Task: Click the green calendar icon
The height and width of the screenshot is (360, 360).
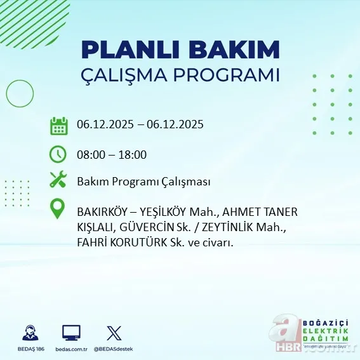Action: (x=59, y=125)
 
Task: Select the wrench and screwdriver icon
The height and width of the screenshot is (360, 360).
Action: (x=59, y=180)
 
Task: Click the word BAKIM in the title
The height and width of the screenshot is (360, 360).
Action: (x=240, y=50)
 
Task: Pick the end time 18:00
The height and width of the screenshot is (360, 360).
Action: (x=133, y=154)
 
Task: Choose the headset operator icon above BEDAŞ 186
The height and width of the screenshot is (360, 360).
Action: (x=29, y=332)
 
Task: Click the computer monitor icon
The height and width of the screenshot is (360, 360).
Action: (x=71, y=332)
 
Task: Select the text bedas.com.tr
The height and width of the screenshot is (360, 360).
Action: (x=71, y=349)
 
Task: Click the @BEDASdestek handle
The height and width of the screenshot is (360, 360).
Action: (x=114, y=349)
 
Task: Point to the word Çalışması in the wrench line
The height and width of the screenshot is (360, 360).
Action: (x=187, y=182)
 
